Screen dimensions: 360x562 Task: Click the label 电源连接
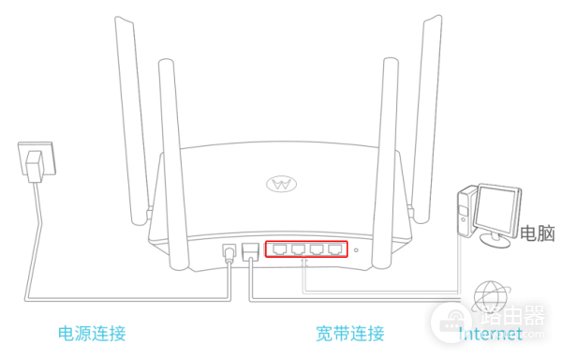point(92,334)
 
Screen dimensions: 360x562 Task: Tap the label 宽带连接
point(350,334)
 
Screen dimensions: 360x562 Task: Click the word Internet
point(491,334)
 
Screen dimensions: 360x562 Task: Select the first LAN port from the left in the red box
point(281,249)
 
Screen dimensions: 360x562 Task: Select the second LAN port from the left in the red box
point(299,249)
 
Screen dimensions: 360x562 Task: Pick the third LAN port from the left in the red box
point(318,249)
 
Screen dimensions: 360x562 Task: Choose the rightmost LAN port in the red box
point(335,249)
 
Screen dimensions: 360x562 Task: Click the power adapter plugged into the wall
point(34,169)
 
